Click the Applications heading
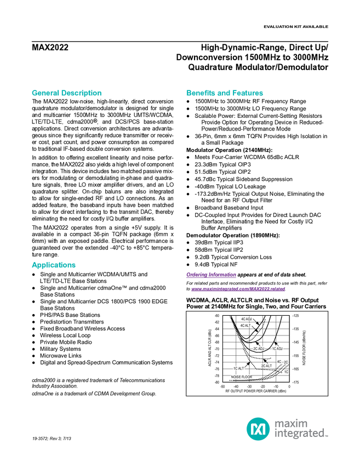coord(53,265)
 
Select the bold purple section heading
coord(211,275)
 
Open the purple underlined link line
coord(238,289)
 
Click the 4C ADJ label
coord(246,319)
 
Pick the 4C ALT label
coord(245,325)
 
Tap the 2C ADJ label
coord(259,348)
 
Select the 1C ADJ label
coord(277,349)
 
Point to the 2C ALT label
coord(266,366)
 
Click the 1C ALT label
coord(238,368)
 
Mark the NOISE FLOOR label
coord(241,377)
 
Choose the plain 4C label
coord(279,362)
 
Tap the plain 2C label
coord(286,362)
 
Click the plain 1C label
coord(286,372)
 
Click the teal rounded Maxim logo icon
coord(258,428)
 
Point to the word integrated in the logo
coord(301,434)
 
